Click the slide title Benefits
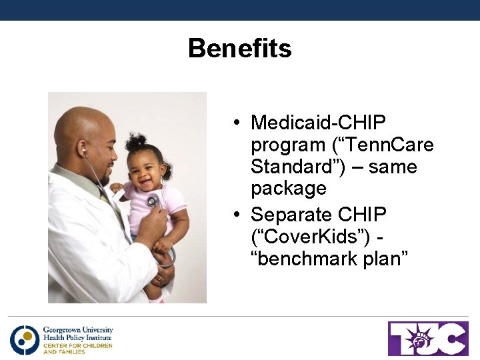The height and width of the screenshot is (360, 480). (x=239, y=49)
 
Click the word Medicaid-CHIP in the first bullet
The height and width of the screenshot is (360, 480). (x=318, y=123)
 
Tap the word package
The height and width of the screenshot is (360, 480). (x=288, y=189)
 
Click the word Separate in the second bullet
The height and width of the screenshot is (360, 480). (x=291, y=215)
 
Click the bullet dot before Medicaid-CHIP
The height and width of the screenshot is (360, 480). (x=237, y=123)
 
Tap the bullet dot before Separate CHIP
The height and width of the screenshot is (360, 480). (x=237, y=215)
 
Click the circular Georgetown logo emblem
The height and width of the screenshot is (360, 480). (x=25, y=340)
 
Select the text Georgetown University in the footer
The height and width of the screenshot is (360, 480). (x=78, y=330)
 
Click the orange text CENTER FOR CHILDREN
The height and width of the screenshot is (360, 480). (x=77, y=345)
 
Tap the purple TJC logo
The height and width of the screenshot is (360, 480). (x=428, y=339)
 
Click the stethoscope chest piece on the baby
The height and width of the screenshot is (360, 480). (x=153, y=201)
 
